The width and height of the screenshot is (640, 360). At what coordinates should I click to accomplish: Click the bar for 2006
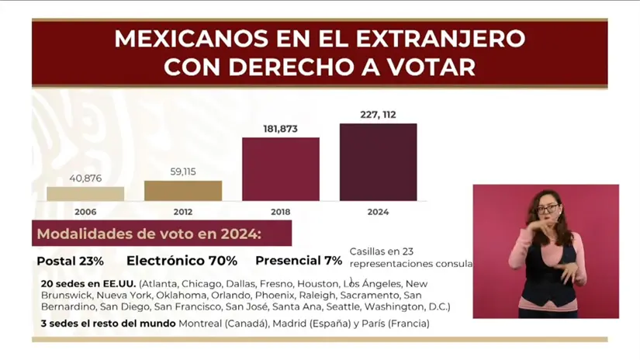(85, 193)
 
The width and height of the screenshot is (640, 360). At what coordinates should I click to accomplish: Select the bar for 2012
(183, 191)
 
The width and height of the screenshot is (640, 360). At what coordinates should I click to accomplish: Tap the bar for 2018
(281, 169)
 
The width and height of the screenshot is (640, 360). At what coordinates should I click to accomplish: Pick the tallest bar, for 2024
(378, 162)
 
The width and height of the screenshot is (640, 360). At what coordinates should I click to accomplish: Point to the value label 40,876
(85, 178)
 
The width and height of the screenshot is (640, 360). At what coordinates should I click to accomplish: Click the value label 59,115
(183, 172)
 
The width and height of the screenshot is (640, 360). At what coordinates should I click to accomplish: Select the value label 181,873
(281, 129)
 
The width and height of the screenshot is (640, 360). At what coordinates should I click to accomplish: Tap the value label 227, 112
(378, 115)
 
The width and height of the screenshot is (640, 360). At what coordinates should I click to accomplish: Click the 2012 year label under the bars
(183, 212)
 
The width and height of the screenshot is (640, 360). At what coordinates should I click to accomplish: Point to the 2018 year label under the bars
(281, 212)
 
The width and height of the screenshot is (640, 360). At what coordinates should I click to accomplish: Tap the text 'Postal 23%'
(70, 261)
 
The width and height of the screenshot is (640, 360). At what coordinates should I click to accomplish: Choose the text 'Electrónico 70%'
(182, 261)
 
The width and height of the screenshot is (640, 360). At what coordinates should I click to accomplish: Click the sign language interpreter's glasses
(547, 209)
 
